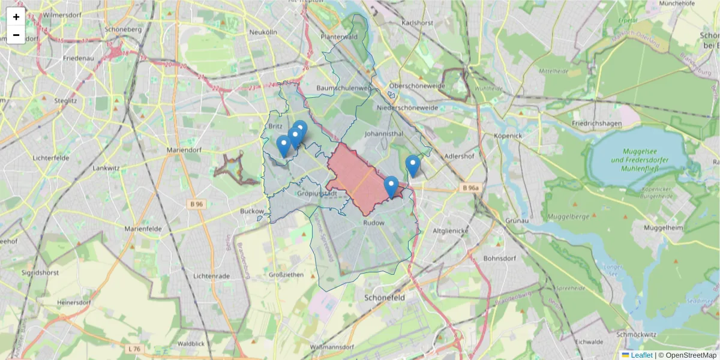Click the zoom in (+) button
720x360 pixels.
(x=16, y=17)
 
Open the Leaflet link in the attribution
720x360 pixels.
(x=641, y=355)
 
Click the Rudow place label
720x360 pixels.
(x=374, y=223)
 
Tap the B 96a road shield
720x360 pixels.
(x=471, y=188)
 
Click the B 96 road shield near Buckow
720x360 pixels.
(x=196, y=204)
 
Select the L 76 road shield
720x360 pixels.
(x=134, y=349)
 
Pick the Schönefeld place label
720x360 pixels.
(x=384, y=298)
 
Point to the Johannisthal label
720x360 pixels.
(x=384, y=134)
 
